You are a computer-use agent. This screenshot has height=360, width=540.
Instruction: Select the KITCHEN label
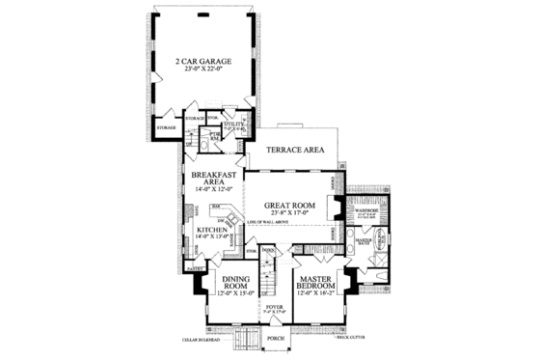(212, 230)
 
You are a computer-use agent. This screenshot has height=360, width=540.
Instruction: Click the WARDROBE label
(365, 209)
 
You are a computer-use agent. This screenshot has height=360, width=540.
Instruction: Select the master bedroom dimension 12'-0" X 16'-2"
(315, 291)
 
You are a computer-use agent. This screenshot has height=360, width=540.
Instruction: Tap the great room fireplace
(333, 207)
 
